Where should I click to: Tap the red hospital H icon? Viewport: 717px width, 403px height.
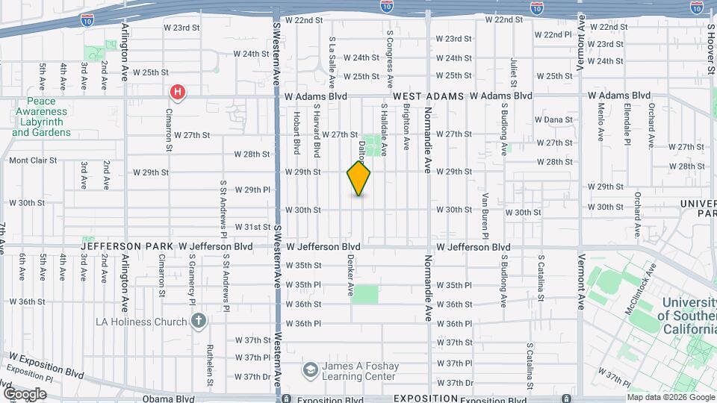click(178, 93)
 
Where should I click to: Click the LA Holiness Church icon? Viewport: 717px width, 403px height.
click(198, 322)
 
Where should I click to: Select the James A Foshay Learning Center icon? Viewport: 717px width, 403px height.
click(310, 370)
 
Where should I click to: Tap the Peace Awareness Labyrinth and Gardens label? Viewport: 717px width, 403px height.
click(41, 117)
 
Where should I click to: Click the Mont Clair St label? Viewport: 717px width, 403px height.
click(33, 160)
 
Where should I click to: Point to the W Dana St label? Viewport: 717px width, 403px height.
click(553, 119)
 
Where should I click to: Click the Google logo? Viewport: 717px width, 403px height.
click(25, 394)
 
